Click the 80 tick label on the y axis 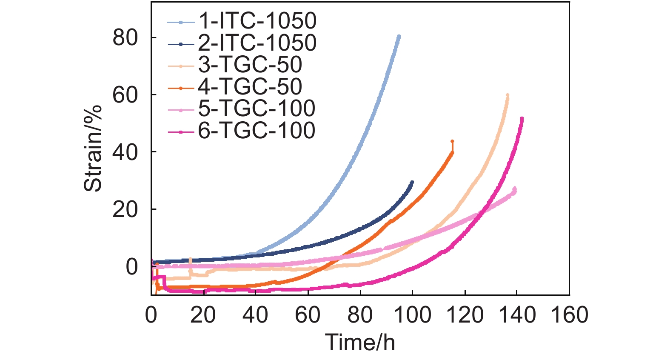(125, 38)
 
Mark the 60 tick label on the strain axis (125, 95)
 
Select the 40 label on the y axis (125, 152)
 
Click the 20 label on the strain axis (125, 209)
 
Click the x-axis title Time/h (360, 342)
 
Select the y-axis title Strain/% (93, 148)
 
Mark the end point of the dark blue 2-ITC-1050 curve (412, 182)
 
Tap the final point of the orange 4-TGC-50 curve (452, 141)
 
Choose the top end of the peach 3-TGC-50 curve (507, 95)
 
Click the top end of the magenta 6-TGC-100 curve (522, 119)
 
